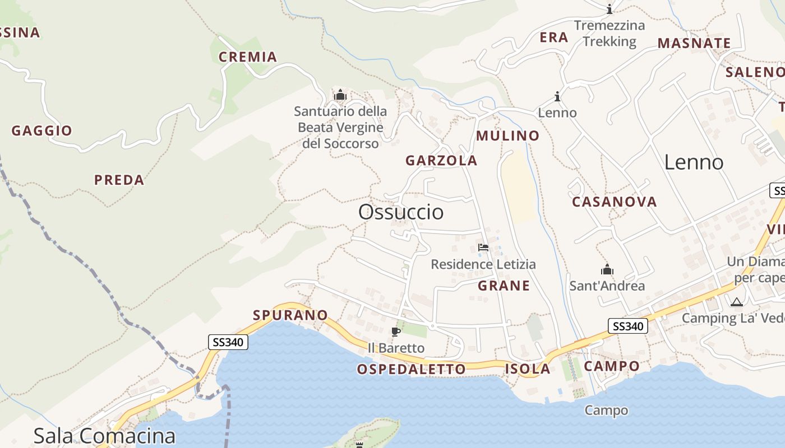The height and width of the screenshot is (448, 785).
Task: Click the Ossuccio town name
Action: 401,212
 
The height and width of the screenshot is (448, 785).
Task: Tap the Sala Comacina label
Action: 104,436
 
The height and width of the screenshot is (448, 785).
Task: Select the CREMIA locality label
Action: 248,57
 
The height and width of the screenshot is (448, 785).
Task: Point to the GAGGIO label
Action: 42,130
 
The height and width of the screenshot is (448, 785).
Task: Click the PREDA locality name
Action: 119,180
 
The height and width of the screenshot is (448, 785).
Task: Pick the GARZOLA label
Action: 441,161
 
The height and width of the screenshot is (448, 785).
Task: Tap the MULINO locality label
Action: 507,136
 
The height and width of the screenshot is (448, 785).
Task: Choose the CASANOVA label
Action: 614,202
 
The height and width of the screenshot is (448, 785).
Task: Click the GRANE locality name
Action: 504,286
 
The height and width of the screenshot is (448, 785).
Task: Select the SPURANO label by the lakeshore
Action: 290,315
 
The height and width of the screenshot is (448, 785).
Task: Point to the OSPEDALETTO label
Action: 411,369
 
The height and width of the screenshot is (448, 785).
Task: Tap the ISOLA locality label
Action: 528,368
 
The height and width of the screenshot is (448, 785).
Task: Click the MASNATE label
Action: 694,43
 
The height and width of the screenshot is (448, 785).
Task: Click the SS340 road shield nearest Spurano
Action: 228,342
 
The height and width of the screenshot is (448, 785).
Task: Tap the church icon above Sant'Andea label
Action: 607,270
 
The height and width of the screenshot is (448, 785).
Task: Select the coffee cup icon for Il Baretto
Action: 396,332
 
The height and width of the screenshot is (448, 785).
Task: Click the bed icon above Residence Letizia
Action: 483,248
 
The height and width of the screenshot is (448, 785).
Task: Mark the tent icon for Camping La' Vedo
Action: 736,302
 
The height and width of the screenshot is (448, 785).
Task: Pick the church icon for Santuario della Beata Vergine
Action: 340,95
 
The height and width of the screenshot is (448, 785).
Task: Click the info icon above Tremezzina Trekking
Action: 609,10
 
